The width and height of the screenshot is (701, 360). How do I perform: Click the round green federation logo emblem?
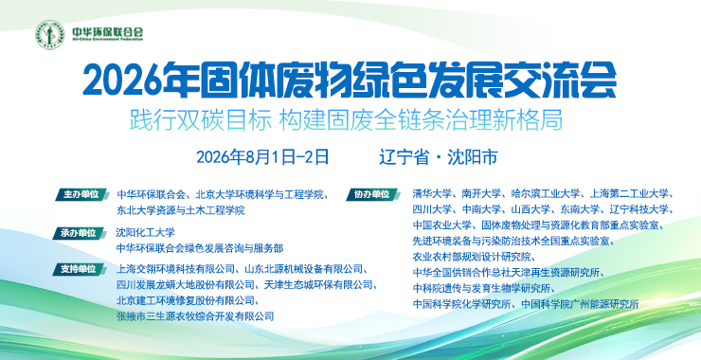(50, 34)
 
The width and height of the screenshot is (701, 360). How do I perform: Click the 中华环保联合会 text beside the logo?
(107, 32)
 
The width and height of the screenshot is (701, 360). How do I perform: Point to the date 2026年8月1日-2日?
(263, 157)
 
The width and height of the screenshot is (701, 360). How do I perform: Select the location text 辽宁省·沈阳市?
(438, 157)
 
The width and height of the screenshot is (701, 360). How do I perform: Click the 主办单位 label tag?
(81, 194)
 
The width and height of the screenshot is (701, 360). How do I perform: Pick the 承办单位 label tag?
(80, 233)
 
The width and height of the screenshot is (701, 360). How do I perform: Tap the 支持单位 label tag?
(80, 269)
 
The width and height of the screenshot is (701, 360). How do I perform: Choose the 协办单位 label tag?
(372, 194)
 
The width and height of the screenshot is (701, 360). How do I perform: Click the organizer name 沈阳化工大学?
(145, 232)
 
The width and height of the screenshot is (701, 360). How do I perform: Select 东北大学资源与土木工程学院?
(181, 210)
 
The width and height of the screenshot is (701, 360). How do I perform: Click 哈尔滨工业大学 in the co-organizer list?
(546, 193)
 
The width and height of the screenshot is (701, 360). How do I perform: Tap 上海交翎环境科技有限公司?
(175, 269)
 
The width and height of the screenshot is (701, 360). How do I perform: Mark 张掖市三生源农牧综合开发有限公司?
(195, 316)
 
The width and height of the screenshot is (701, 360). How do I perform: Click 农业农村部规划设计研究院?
(471, 257)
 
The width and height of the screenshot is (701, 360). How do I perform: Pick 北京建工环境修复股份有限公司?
(186, 299)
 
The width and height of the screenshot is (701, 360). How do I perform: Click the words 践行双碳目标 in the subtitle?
(201, 120)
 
